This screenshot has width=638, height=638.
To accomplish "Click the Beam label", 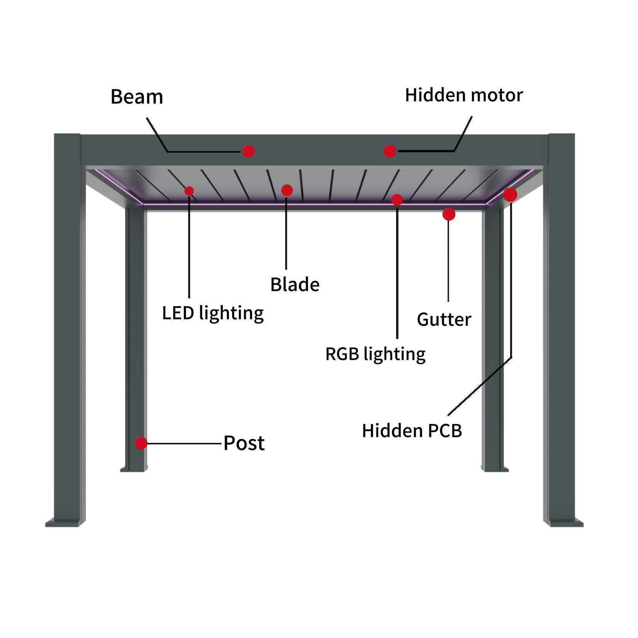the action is [137, 97].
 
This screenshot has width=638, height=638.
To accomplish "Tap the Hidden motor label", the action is [464, 95].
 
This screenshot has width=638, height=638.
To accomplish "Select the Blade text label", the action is [295, 285].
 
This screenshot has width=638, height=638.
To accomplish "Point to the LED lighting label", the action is [213, 313].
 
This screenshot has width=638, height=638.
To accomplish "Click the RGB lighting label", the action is [376, 354].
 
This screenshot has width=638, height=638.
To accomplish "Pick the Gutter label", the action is [444, 320].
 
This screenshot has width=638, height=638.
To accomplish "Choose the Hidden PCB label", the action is [412, 431].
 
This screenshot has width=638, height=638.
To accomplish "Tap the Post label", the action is [244, 443].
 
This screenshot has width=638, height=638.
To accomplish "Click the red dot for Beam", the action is [248, 151].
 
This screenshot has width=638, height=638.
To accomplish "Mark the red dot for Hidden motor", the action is [390, 151].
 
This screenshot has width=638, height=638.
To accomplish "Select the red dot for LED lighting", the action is [189, 191].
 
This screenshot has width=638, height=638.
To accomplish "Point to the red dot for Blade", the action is [287, 190].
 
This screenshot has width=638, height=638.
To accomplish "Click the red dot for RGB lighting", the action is [397, 200].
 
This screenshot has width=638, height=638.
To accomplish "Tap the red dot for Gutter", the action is [449, 214].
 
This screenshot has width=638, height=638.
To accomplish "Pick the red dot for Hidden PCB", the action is [510, 195].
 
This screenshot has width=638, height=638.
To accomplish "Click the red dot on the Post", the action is [141, 443].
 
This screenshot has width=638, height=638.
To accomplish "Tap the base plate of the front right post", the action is [564, 522].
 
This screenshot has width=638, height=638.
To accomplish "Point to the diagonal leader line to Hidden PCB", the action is [480, 386].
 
